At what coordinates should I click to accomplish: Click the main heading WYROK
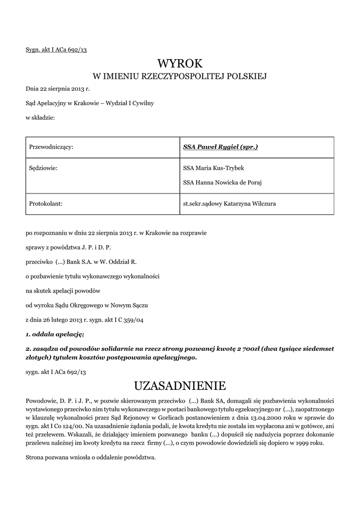click(x=180, y=63)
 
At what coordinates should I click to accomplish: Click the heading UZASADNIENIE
click(x=180, y=385)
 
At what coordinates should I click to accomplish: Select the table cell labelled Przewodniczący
click(x=52, y=147)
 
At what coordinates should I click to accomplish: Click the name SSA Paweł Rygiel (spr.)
click(x=220, y=147)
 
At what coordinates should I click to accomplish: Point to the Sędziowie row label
click(x=44, y=168)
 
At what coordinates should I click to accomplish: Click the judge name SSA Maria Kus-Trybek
click(x=214, y=168)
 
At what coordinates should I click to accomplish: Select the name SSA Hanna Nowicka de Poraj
click(x=222, y=182)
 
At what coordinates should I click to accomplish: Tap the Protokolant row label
click(x=46, y=203)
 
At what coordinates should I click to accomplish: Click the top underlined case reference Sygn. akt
click(x=56, y=50)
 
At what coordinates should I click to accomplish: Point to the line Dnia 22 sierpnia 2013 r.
click(x=58, y=89)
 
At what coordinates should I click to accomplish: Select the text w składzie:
click(x=40, y=118)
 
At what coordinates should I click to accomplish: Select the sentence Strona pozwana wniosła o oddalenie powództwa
click(x=90, y=457)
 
